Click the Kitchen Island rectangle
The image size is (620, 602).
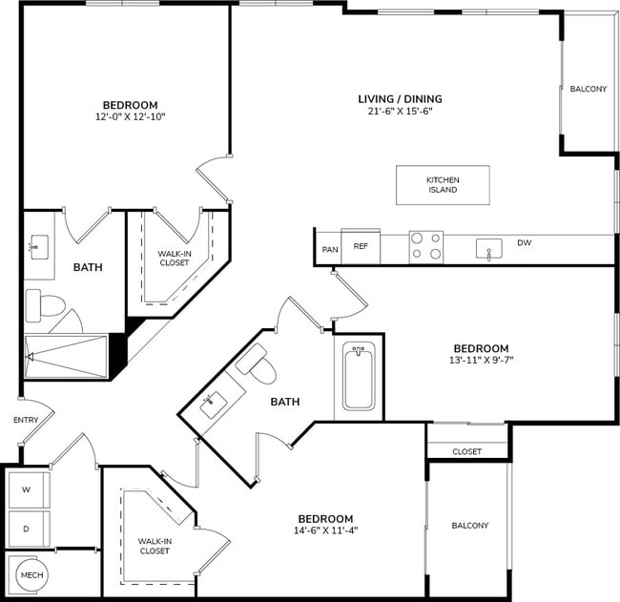tap(443, 184)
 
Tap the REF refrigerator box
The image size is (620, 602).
tap(361, 246)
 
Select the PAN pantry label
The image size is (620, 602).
tap(330, 249)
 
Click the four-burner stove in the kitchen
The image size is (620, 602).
tap(426, 246)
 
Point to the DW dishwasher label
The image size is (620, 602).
tap(524, 243)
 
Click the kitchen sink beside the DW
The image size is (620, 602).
tap(488, 249)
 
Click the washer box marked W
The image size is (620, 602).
tap(28, 490)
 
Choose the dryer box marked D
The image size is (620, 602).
tap(28, 528)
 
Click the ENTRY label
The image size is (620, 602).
tap(26, 421)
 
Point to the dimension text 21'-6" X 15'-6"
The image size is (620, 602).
tap(400, 112)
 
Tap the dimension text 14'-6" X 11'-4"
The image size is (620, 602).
tap(326, 531)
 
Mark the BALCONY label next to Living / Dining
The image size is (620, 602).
tap(588, 90)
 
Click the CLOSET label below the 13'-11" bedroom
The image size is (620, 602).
tap(466, 451)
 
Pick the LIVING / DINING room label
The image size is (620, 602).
tap(400, 98)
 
